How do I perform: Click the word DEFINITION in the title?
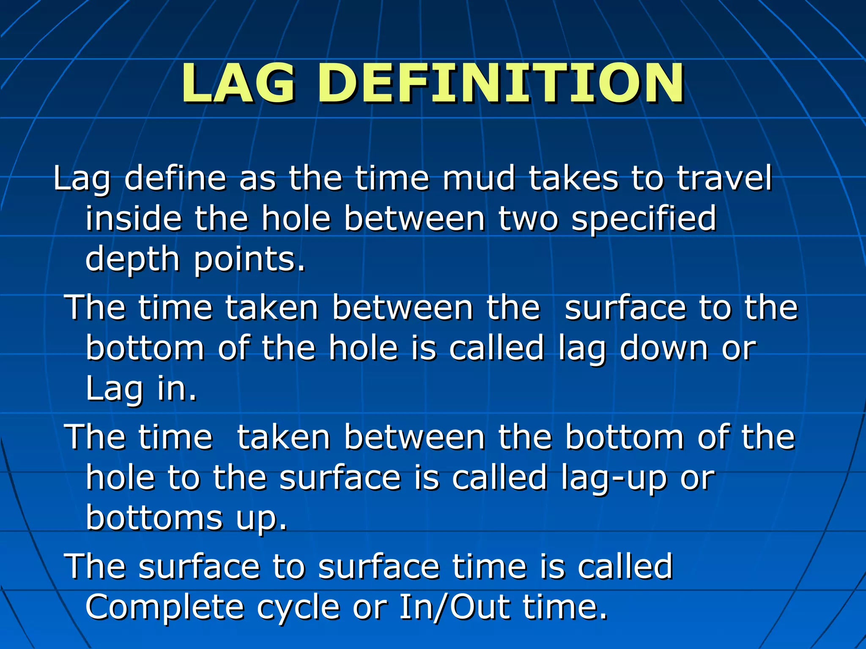coord(501,83)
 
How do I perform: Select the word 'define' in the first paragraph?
coord(175,178)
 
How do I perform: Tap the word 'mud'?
coord(479,178)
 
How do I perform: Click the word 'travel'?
coord(725,178)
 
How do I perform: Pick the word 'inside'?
coord(133,218)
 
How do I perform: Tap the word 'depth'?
coord(133,259)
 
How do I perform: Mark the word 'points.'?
coord(250,259)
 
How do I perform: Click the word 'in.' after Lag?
coord(177,388)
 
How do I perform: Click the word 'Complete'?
coord(165,608)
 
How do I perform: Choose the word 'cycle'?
coord(299,608)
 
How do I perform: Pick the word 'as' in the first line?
coord(258,178)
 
